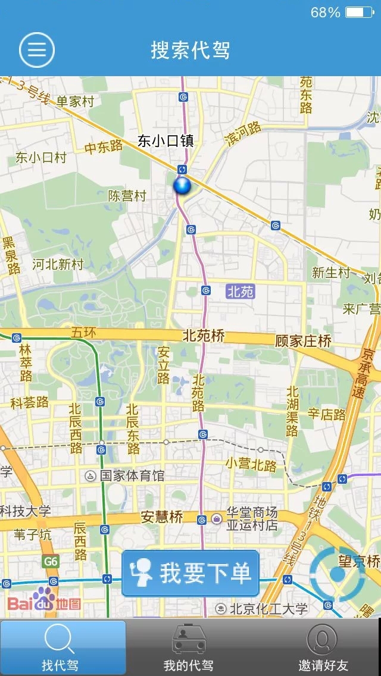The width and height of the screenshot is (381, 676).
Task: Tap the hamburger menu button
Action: tap(37, 49)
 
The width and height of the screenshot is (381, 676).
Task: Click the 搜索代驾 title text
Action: tap(190, 50)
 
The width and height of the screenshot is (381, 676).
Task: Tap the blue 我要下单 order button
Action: tap(190, 574)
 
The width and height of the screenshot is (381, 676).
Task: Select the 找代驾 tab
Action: tap(63, 648)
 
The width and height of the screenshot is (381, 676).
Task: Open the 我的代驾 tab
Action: tap(189, 648)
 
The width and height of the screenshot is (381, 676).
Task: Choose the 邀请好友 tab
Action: tap(323, 648)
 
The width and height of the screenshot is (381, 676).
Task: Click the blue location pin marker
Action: tap(182, 186)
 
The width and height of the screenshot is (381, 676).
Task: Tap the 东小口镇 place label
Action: tap(166, 141)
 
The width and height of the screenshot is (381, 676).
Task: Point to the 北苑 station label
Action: tap(241, 292)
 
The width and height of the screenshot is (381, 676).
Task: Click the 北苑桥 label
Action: tap(204, 336)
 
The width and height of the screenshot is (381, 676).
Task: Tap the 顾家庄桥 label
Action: tap(303, 342)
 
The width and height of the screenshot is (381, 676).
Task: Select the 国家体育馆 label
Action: tap(132, 476)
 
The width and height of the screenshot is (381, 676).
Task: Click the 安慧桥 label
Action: tap(162, 517)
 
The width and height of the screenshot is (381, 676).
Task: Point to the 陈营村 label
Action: tap(127, 196)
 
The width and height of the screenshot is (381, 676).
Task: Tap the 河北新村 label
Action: tap(58, 264)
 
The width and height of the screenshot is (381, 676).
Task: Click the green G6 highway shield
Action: tap(51, 561)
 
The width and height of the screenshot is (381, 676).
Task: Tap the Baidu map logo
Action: tap(43, 603)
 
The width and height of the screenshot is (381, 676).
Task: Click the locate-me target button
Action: tap(337, 573)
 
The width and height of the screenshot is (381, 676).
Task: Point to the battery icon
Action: tap(360, 12)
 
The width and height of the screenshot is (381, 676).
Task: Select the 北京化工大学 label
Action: tap(268, 609)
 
